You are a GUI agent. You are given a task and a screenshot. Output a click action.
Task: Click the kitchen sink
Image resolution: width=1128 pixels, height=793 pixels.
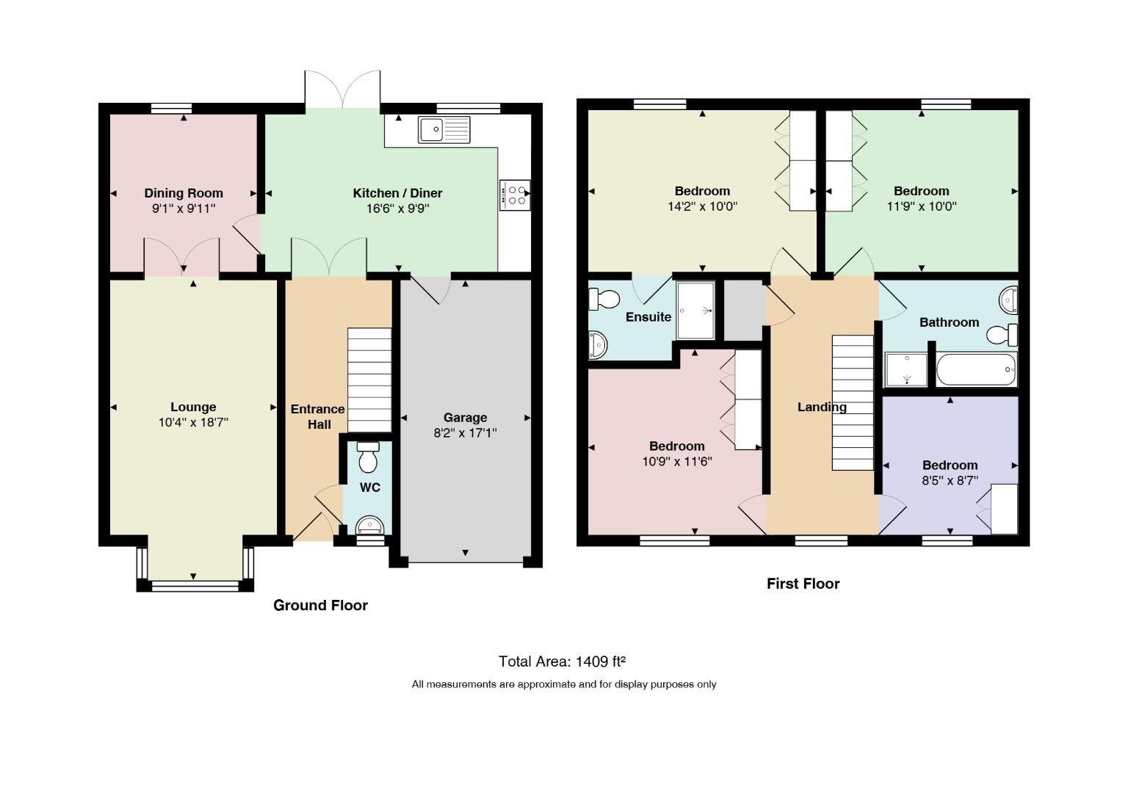click(x=444, y=129)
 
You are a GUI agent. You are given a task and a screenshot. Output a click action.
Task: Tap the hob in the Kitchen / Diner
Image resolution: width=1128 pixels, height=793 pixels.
click(x=515, y=195)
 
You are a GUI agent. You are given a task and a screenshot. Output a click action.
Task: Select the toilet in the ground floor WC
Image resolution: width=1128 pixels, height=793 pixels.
click(x=368, y=457)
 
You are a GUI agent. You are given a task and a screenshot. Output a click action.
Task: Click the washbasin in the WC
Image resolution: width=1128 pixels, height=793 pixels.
click(x=369, y=525)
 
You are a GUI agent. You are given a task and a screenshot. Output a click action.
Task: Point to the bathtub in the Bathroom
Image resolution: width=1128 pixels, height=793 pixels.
click(x=977, y=369)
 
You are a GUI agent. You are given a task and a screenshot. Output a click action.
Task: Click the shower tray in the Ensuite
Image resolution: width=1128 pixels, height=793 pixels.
click(x=695, y=310)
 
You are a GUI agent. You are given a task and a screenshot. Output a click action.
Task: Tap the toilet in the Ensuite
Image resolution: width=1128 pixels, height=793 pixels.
click(x=604, y=299)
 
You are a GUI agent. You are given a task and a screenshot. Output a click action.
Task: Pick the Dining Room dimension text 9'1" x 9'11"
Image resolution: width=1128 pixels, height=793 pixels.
click(x=184, y=209)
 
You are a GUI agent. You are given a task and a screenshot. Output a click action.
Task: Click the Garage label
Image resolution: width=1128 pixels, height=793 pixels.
click(x=466, y=417)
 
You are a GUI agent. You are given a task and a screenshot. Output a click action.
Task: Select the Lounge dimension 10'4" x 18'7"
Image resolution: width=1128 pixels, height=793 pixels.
click(x=193, y=422)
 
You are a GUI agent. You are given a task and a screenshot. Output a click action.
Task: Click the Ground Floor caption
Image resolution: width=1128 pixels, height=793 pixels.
click(x=320, y=605)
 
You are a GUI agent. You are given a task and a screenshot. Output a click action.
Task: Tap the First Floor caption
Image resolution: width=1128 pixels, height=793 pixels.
click(x=803, y=584)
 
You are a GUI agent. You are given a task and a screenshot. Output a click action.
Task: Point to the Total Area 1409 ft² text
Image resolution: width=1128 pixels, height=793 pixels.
click(x=562, y=661)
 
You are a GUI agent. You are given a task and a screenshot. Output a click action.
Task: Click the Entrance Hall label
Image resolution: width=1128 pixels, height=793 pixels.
click(x=318, y=417)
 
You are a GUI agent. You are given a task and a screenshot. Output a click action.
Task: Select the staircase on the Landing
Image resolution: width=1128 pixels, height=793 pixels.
click(x=853, y=403)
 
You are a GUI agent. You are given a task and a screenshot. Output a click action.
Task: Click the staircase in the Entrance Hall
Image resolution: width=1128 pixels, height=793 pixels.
click(x=369, y=380)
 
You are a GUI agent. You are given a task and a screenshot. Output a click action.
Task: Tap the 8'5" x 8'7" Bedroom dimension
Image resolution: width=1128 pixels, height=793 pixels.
click(x=950, y=480)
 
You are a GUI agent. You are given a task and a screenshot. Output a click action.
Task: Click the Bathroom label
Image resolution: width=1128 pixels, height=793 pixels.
click(x=950, y=322)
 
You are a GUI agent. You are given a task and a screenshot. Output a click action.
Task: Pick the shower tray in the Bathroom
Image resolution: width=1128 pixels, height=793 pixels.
click(x=906, y=369)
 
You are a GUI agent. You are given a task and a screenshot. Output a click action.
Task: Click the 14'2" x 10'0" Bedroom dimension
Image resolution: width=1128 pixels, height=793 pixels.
click(x=703, y=206)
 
